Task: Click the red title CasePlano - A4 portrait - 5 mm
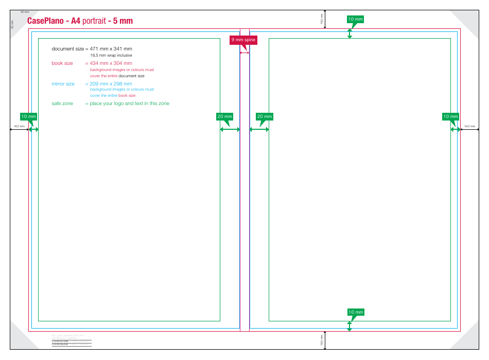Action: tap(80, 21)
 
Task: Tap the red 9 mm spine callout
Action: tap(242, 40)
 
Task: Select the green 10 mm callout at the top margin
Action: tap(355, 19)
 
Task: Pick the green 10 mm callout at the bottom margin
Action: tap(355, 312)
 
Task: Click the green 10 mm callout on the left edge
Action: tap(28, 116)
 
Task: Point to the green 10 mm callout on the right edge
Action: tap(450, 116)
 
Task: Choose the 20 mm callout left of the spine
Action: tap(224, 116)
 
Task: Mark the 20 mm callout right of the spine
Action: tap(264, 116)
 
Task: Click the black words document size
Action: tap(67, 49)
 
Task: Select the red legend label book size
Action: tap(62, 63)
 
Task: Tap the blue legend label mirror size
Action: tap(63, 84)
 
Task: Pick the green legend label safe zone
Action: tap(62, 104)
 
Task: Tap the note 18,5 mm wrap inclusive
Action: tap(111, 55)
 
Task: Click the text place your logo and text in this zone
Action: tap(130, 104)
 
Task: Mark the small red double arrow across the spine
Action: tap(244, 53)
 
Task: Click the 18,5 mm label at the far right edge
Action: tap(469, 126)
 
